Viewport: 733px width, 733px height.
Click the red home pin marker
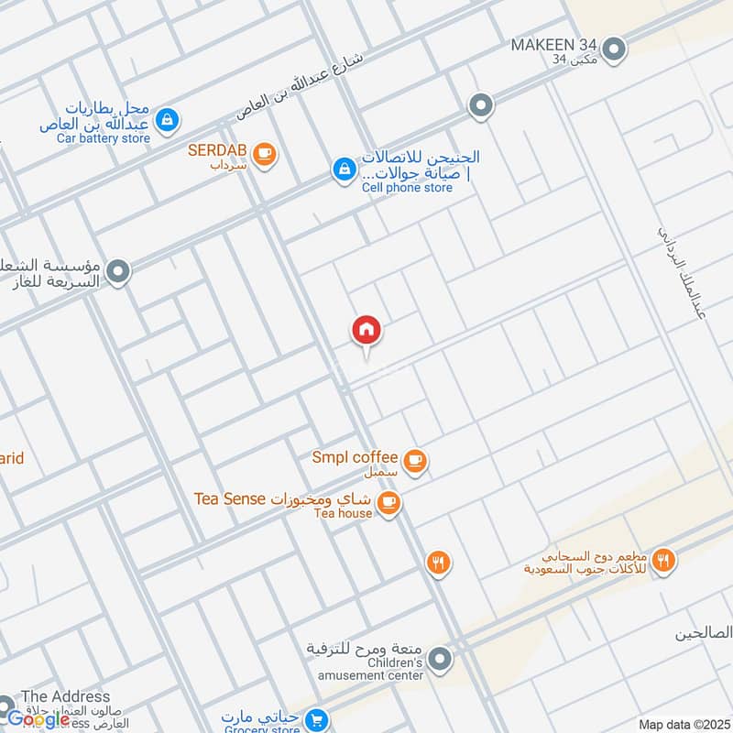pos(366,330)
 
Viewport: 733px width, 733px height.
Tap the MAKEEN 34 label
pos(554,44)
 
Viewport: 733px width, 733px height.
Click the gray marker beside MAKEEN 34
pos(614,49)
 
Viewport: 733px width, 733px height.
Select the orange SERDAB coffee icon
pos(265,155)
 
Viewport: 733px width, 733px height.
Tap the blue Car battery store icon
pos(167,119)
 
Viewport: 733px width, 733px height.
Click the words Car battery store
pos(103,138)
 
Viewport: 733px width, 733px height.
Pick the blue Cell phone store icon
pos(344,170)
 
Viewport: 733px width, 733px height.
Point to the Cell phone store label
pos(407,188)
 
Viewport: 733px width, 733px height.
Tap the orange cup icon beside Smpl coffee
pos(416,461)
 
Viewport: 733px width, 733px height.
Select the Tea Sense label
pos(229,498)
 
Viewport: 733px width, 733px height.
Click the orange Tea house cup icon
pos(389,503)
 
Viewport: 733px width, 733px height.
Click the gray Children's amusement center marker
pos(441,659)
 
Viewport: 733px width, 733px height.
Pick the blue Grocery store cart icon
pos(317,720)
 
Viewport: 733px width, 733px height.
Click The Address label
pos(65,696)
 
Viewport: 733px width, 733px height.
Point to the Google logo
pos(38,719)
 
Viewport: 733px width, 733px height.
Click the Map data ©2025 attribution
pos(682,724)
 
